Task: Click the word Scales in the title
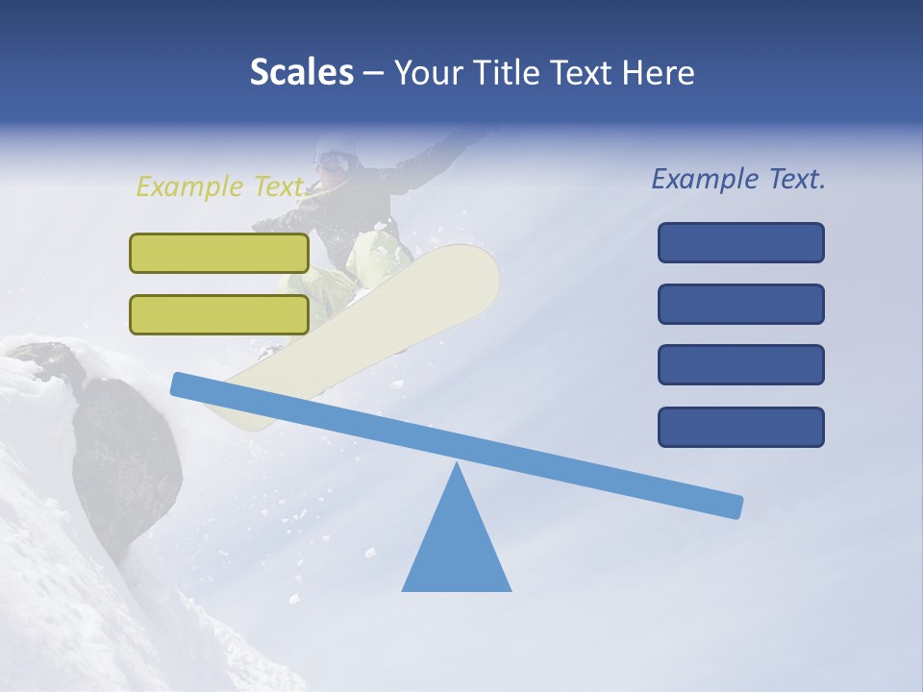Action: coord(301,72)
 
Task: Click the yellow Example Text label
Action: coord(220,186)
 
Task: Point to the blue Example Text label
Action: coord(738,179)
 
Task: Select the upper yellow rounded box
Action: coord(219,253)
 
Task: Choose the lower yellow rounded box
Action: coord(219,314)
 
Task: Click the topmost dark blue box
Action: coord(740,242)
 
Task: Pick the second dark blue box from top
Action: coord(740,304)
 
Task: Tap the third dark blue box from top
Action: coord(740,365)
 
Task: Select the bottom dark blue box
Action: coord(740,427)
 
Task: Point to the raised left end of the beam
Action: coord(183,384)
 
